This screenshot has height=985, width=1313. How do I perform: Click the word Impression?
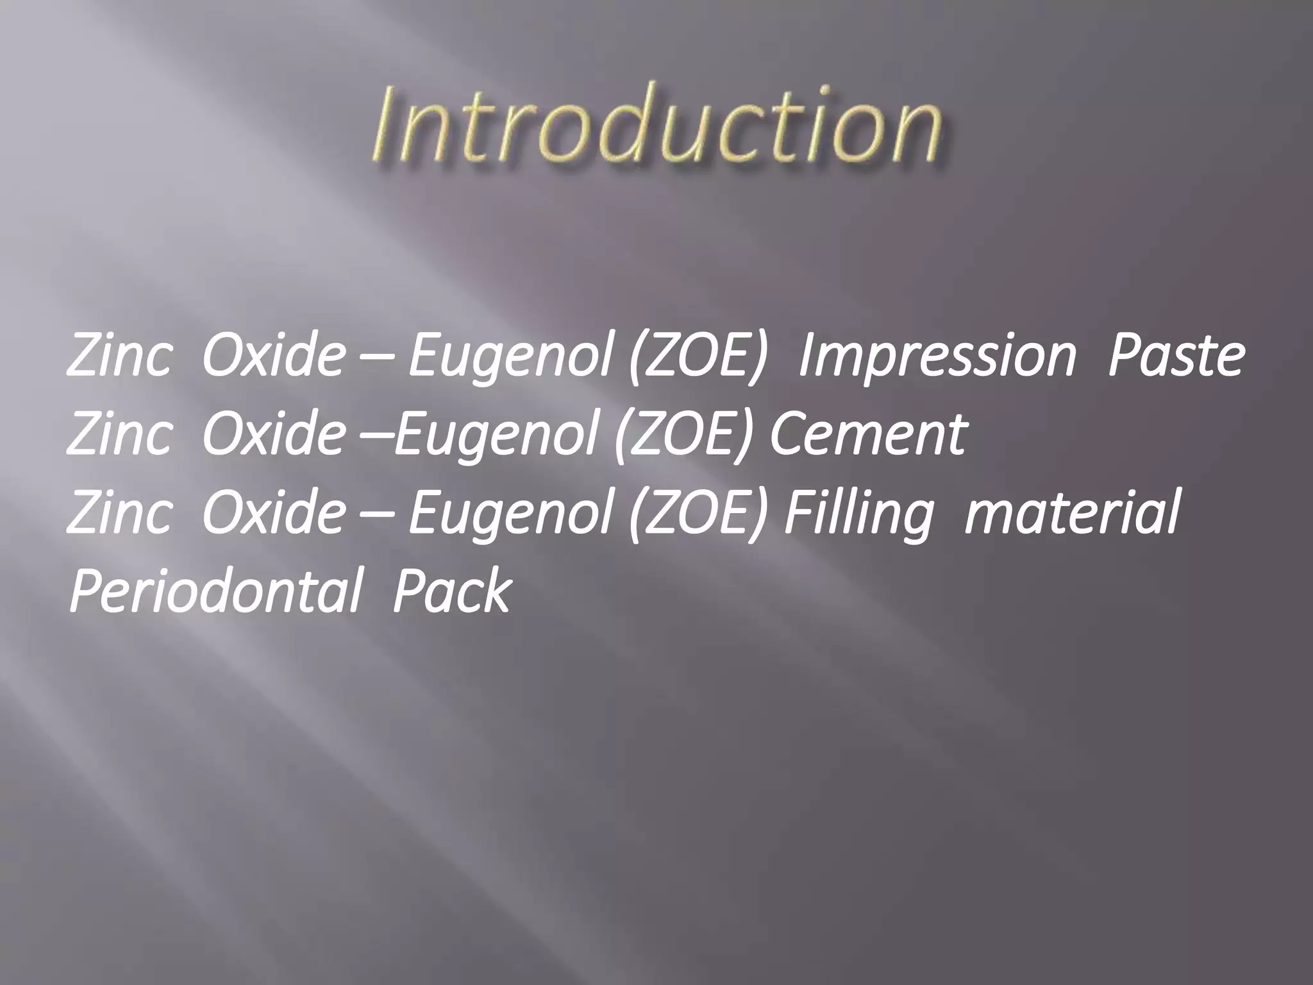[x=937, y=356]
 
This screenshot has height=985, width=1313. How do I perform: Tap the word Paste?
[x=1176, y=356]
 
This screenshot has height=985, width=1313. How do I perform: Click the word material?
[x=1071, y=512]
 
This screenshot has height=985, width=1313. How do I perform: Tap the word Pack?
[x=452, y=591]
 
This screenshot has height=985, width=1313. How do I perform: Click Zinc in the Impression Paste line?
[x=119, y=356]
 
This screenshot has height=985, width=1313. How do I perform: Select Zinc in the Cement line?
[x=119, y=434]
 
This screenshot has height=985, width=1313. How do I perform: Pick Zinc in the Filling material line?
[x=119, y=512]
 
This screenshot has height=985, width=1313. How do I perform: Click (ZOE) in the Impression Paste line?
[x=698, y=356]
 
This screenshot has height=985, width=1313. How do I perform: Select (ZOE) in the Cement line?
[x=682, y=434]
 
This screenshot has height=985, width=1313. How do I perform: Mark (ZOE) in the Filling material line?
[x=698, y=512]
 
